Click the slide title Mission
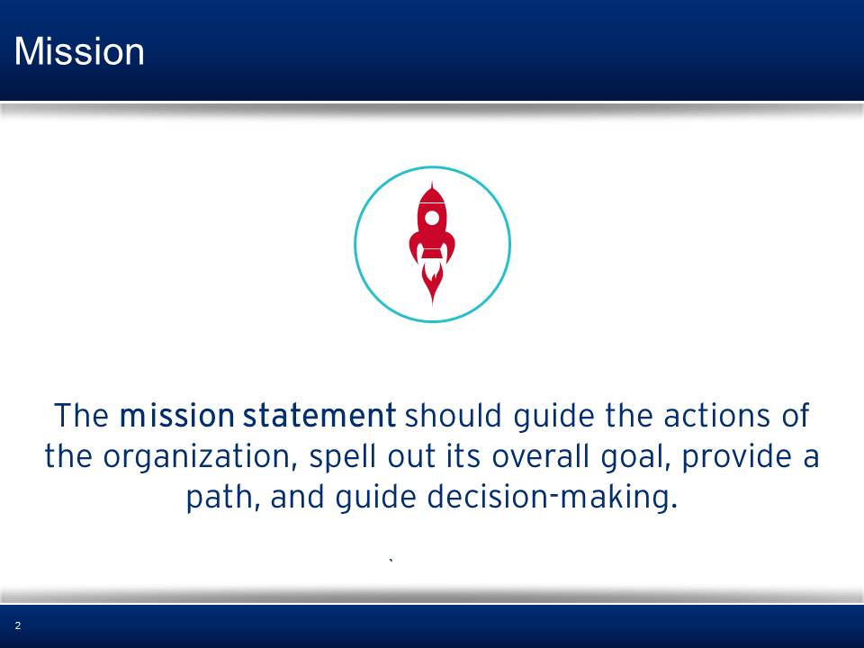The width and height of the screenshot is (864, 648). click(x=79, y=51)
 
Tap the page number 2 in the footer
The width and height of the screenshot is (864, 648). click(x=18, y=625)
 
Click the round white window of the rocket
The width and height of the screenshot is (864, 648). click(x=433, y=218)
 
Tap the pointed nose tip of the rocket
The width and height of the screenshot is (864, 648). click(x=433, y=183)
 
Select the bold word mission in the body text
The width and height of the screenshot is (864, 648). click(x=177, y=416)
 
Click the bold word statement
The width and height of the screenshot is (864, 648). click(x=319, y=416)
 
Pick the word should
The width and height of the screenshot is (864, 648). click(x=454, y=416)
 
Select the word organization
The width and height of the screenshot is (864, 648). click(x=200, y=458)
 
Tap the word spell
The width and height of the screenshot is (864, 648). click(x=343, y=458)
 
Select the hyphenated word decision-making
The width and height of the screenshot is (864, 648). click(x=552, y=498)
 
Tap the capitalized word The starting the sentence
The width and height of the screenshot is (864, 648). click(x=82, y=416)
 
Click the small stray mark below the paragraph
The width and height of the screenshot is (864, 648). click(x=391, y=561)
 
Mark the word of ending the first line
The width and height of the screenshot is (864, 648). click(x=795, y=416)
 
